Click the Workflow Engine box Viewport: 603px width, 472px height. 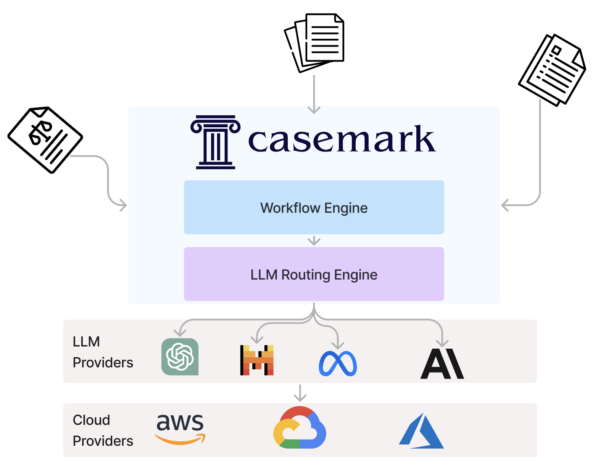314,207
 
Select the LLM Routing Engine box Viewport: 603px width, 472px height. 314,274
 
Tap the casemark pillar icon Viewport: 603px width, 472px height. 215,142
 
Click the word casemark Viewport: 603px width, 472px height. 342,139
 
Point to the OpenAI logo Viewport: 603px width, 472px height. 180,357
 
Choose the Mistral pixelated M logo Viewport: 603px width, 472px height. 257,360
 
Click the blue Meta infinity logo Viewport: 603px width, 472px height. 338,364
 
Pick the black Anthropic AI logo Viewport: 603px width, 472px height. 442,364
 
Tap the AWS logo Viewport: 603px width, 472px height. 180,428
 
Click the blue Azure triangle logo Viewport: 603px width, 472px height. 422,431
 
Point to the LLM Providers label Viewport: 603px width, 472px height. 103,352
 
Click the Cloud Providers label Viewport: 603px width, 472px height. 103,430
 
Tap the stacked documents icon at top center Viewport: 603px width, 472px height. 314,43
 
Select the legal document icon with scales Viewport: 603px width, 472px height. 45,139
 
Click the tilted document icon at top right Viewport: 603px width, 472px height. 552,70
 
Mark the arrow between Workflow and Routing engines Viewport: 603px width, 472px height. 314,241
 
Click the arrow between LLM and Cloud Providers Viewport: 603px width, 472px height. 300,393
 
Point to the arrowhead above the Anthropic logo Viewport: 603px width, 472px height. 443,343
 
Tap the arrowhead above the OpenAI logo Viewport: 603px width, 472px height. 180,333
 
